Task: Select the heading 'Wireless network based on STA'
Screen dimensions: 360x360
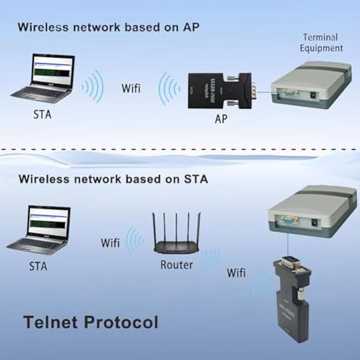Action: click(x=113, y=179)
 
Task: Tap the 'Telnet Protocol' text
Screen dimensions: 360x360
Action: click(x=91, y=321)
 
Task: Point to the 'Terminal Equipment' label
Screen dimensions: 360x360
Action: click(x=322, y=42)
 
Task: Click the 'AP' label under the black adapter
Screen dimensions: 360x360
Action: click(x=221, y=119)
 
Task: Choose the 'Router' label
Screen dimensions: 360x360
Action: click(x=176, y=264)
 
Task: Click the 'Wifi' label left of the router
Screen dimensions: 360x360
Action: click(x=110, y=243)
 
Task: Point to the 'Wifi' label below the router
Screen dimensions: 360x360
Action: click(x=236, y=273)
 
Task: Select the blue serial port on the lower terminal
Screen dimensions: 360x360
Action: click(x=287, y=220)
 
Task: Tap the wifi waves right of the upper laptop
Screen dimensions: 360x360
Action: click(x=94, y=86)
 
